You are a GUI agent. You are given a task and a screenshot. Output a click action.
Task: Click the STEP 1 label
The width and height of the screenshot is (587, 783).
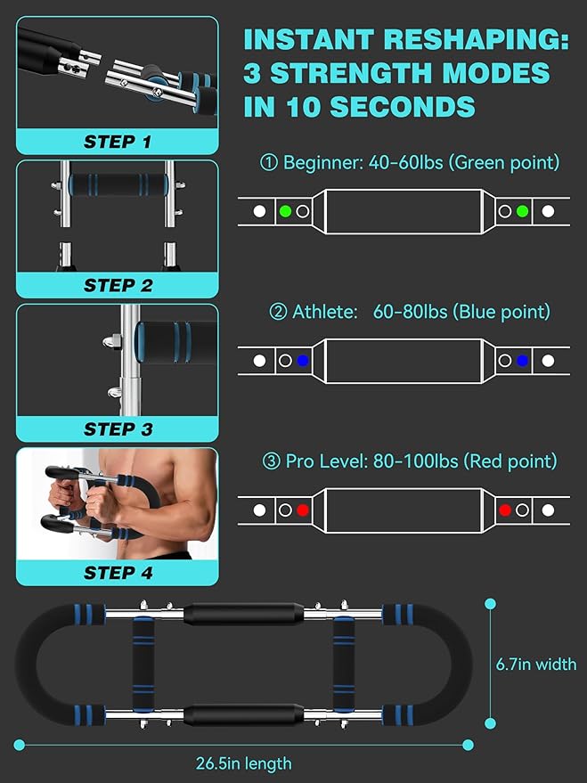(118, 142)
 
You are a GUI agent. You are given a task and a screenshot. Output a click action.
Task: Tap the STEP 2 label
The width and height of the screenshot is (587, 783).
(118, 286)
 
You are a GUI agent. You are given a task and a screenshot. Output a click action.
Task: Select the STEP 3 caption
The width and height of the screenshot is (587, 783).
(118, 429)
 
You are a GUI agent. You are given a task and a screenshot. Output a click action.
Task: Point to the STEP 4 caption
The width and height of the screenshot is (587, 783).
(118, 573)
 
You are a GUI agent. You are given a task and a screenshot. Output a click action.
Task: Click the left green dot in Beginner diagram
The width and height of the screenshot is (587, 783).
(285, 211)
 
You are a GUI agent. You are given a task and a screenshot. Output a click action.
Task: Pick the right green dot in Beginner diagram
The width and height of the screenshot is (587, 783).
(522, 211)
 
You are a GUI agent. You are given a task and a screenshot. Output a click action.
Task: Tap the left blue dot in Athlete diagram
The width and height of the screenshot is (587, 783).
(303, 361)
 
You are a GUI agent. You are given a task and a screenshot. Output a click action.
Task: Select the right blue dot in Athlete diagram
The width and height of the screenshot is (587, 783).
(522, 361)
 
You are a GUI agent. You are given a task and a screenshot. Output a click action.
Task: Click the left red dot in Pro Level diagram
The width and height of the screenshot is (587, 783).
(303, 510)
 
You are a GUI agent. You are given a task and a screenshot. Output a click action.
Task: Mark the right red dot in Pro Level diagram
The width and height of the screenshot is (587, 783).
(505, 510)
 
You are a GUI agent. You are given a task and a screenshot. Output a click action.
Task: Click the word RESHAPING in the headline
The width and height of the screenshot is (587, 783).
(477, 39)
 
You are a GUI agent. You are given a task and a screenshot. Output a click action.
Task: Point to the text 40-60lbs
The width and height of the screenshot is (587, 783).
(405, 162)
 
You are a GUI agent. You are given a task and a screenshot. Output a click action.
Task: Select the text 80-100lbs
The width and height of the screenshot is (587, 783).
(415, 461)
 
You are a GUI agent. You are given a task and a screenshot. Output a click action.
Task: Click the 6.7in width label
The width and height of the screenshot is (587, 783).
(535, 665)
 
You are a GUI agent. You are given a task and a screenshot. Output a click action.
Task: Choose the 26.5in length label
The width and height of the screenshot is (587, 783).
(243, 763)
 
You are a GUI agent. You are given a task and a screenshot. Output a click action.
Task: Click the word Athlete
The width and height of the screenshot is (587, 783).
(324, 312)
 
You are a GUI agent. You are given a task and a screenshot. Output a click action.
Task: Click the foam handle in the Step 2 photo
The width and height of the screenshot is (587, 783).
(118, 184)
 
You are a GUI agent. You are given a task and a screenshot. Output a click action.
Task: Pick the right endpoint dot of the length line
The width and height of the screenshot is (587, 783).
(468, 745)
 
